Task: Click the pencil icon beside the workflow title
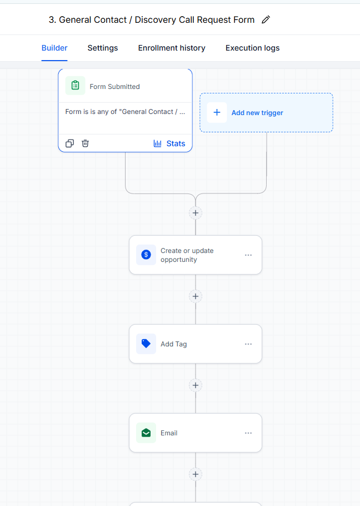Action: point(266,19)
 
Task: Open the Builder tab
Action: point(54,48)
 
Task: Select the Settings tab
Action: point(102,48)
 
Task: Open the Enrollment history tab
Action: point(172,48)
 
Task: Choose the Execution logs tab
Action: point(252,48)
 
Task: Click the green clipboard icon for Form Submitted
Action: point(75,86)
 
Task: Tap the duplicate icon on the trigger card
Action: point(69,143)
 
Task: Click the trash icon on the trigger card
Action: point(85,143)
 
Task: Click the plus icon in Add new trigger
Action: point(217,113)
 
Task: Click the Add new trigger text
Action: point(257,113)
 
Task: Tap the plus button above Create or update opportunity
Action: point(196,213)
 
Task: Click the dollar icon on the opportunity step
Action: point(146,255)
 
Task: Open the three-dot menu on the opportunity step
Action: point(248,255)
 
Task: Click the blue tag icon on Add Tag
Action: point(146,344)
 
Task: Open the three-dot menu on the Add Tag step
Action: point(248,344)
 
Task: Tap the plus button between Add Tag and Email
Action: point(196,385)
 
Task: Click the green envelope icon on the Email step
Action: point(146,433)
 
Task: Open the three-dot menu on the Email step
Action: point(248,433)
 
